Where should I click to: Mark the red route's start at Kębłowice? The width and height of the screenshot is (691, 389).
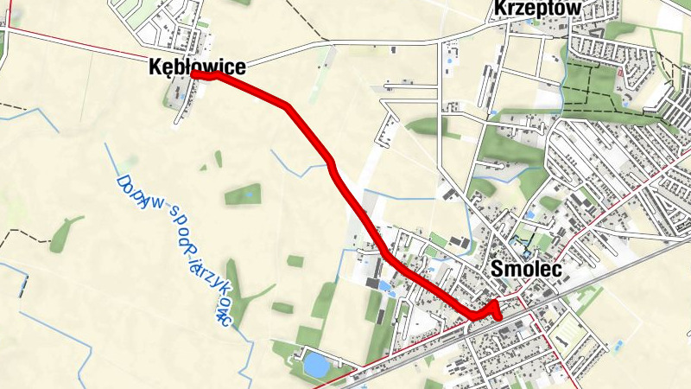[195, 75]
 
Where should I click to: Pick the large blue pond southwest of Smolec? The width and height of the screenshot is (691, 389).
[315, 365]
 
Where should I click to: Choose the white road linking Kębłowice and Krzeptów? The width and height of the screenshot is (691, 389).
[363, 45]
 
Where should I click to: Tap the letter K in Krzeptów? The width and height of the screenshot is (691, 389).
[499, 9]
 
